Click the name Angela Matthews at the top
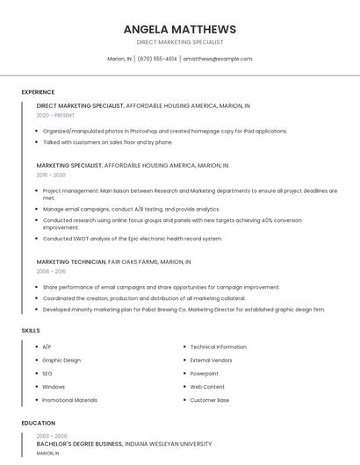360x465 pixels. click(180, 29)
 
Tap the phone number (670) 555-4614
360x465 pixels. click(157, 59)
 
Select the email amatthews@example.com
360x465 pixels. click(217, 59)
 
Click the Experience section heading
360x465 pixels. click(38, 92)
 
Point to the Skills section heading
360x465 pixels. click(31, 331)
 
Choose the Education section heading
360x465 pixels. click(39, 423)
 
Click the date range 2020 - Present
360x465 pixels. click(55, 115)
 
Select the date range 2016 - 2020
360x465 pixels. click(51, 175)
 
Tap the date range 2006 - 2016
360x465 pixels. click(51, 271)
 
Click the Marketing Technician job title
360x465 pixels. click(71, 261)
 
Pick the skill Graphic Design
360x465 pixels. click(61, 361)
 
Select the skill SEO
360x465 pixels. click(47, 374)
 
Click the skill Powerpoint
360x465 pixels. click(205, 374)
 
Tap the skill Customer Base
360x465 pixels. click(210, 400)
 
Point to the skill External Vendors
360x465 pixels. click(212, 361)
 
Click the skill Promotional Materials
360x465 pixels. click(69, 400)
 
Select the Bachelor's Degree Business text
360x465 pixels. click(80, 444)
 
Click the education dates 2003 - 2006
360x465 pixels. click(52, 436)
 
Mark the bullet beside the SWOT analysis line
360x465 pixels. click(38, 239)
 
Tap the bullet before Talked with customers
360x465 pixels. click(38, 142)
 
